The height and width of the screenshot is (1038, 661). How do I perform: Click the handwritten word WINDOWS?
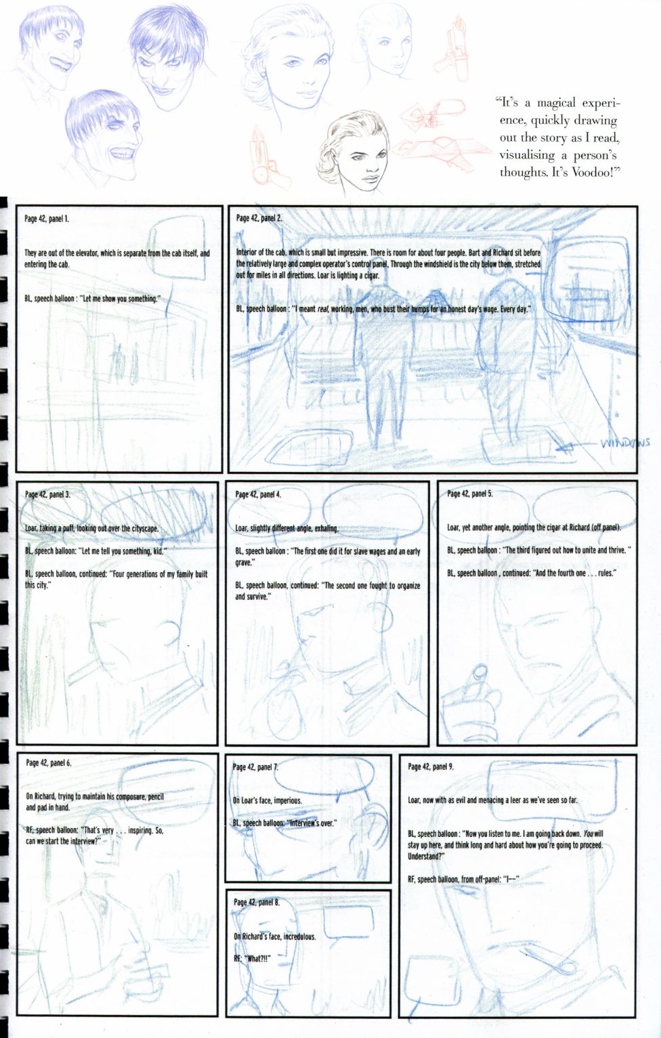[625, 444]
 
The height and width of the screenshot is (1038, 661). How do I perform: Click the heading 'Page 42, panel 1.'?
[47, 219]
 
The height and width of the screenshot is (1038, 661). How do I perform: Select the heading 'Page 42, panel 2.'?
[259, 218]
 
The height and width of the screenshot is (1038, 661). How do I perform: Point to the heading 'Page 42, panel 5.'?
[470, 494]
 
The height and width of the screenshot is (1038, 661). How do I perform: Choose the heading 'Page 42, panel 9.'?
[431, 766]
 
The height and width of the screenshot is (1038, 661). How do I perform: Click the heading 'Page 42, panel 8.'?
[257, 902]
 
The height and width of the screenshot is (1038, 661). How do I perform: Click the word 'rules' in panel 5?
[607, 574]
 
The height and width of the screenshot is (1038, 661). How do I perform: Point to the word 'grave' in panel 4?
[245, 563]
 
